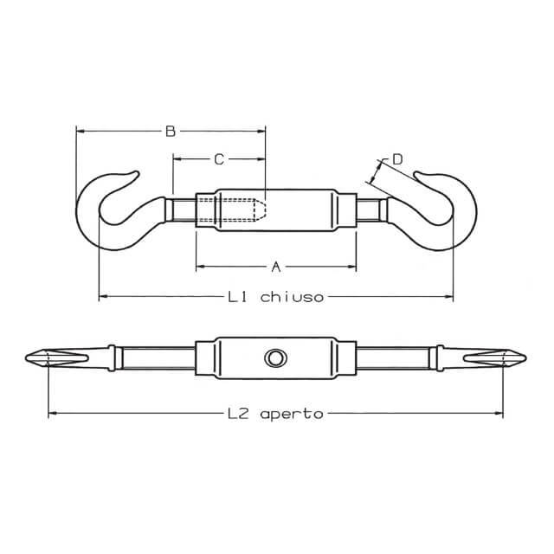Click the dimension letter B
pos(171,132)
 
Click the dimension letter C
pos(219,159)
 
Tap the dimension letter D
pos(398,159)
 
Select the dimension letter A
pos(276,267)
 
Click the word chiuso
pos(292,297)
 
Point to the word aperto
pos(292,414)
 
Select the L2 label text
pos(238,414)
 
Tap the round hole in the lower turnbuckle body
pos(275,358)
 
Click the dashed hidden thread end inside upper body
pos(261,210)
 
